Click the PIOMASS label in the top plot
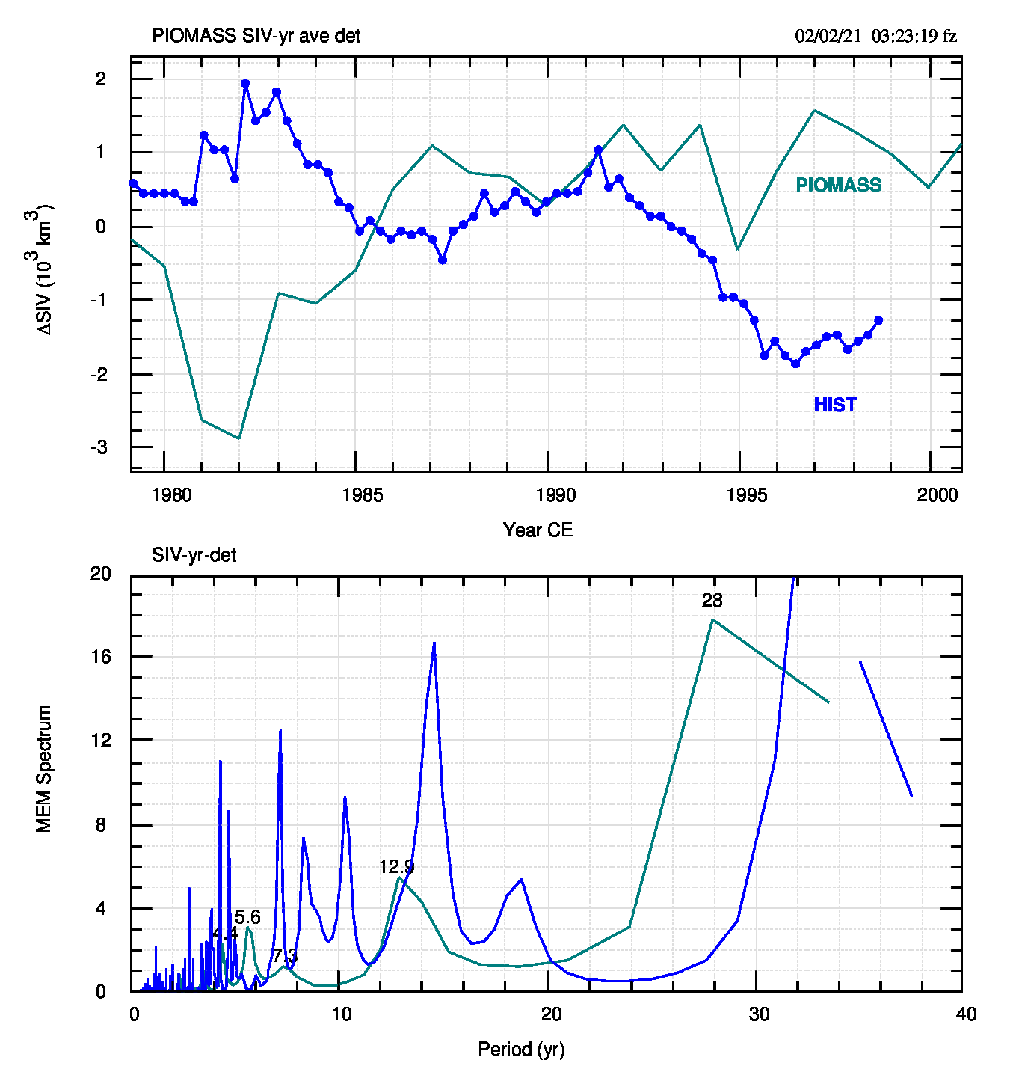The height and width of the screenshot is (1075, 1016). click(x=838, y=185)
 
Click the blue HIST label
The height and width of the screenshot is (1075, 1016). click(x=835, y=405)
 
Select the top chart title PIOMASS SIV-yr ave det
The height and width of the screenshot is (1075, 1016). click(x=256, y=36)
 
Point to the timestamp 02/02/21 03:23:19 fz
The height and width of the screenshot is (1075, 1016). click(x=875, y=36)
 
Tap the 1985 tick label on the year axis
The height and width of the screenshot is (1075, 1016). click(x=363, y=495)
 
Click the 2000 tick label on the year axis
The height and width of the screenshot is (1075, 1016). click(x=937, y=495)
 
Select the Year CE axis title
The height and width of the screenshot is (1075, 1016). click(x=538, y=530)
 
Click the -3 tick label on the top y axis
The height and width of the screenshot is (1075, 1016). click(x=99, y=447)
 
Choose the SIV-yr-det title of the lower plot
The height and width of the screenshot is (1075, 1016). click(x=194, y=555)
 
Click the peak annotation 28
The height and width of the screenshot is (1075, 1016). click(x=712, y=601)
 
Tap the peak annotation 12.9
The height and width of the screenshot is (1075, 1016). click(x=396, y=867)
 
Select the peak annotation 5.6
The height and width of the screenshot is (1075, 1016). click(x=247, y=917)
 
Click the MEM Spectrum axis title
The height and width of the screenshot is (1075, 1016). click(x=44, y=768)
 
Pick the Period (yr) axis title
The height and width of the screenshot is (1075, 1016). click(x=521, y=1050)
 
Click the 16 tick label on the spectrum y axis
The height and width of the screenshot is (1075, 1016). click(x=100, y=656)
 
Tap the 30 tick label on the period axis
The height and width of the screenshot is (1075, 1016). click(x=759, y=1014)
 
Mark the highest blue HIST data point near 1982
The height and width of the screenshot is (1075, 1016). click(x=245, y=84)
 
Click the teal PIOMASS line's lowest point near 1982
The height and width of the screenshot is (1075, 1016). click(x=238, y=438)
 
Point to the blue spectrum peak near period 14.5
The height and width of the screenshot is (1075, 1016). click(x=434, y=643)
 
